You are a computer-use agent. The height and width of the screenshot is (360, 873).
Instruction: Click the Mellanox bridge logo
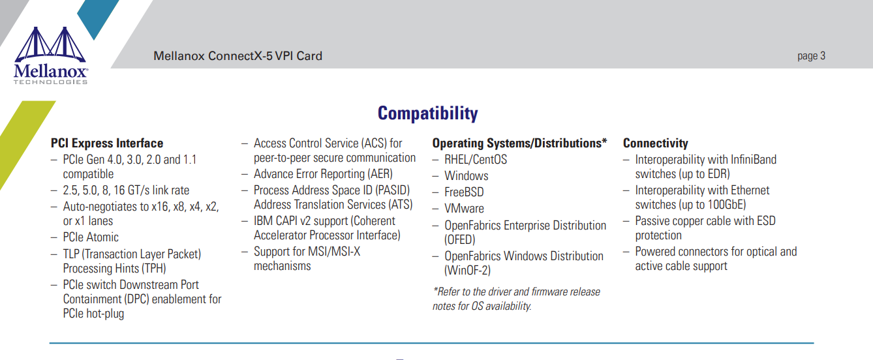tap(50, 55)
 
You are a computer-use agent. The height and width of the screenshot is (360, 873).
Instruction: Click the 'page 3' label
tap(811, 55)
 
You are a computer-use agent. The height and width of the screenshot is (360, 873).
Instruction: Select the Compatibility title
tap(427, 113)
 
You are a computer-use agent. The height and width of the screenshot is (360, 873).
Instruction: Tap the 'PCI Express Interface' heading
tap(107, 143)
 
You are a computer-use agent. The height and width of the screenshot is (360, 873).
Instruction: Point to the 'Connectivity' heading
tap(656, 143)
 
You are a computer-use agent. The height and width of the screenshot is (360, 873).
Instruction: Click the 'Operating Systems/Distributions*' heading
tap(519, 143)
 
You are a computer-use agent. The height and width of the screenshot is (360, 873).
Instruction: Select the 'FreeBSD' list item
tap(464, 192)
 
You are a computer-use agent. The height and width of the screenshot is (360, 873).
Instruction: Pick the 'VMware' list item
tap(464, 209)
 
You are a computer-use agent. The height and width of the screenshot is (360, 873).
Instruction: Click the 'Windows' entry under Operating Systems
tap(466, 175)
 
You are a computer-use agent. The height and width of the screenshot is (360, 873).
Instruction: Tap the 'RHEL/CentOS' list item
tap(476, 159)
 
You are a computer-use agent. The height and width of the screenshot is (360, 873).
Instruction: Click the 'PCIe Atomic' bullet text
tap(91, 237)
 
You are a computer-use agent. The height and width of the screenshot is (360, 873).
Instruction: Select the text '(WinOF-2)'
tap(467, 271)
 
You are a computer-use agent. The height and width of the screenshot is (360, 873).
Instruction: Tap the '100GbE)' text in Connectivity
tap(727, 205)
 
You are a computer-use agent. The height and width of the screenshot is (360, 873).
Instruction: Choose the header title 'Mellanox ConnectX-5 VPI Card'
tap(237, 55)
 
